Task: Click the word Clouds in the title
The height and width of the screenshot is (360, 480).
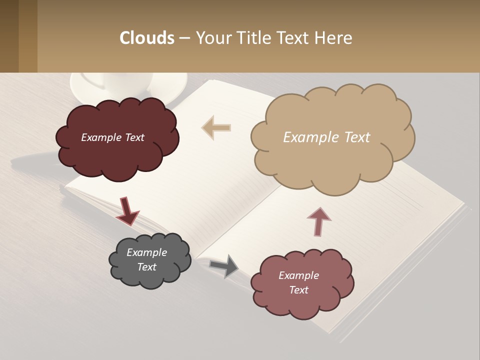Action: pyautogui.click(x=146, y=38)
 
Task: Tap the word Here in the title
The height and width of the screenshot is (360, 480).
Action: pyautogui.click(x=335, y=38)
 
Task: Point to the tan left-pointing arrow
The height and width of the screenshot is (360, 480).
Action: pyautogui.click(x=216, y=127)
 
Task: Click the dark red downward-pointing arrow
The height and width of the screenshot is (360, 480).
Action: pyautogui.click(x=127, y=210)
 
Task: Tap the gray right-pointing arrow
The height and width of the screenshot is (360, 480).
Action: pyautogui.click(x=224, y=265)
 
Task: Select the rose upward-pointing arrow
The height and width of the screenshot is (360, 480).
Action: pyautogui.click(x=318, y=221)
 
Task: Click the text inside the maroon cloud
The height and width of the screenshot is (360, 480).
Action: pyautogui.click(x=112, y=137)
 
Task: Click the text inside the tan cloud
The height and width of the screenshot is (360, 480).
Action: pyautogui.click(x=326, y=137)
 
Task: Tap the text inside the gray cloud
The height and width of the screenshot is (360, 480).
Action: pyautogui.click(x=146, y=259)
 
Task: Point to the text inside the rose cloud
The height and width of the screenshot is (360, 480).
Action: pyautogui.click(x=298, y=282)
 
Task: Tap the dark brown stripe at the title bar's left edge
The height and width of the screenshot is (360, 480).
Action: pyautogui.click(x=9, y=36)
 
